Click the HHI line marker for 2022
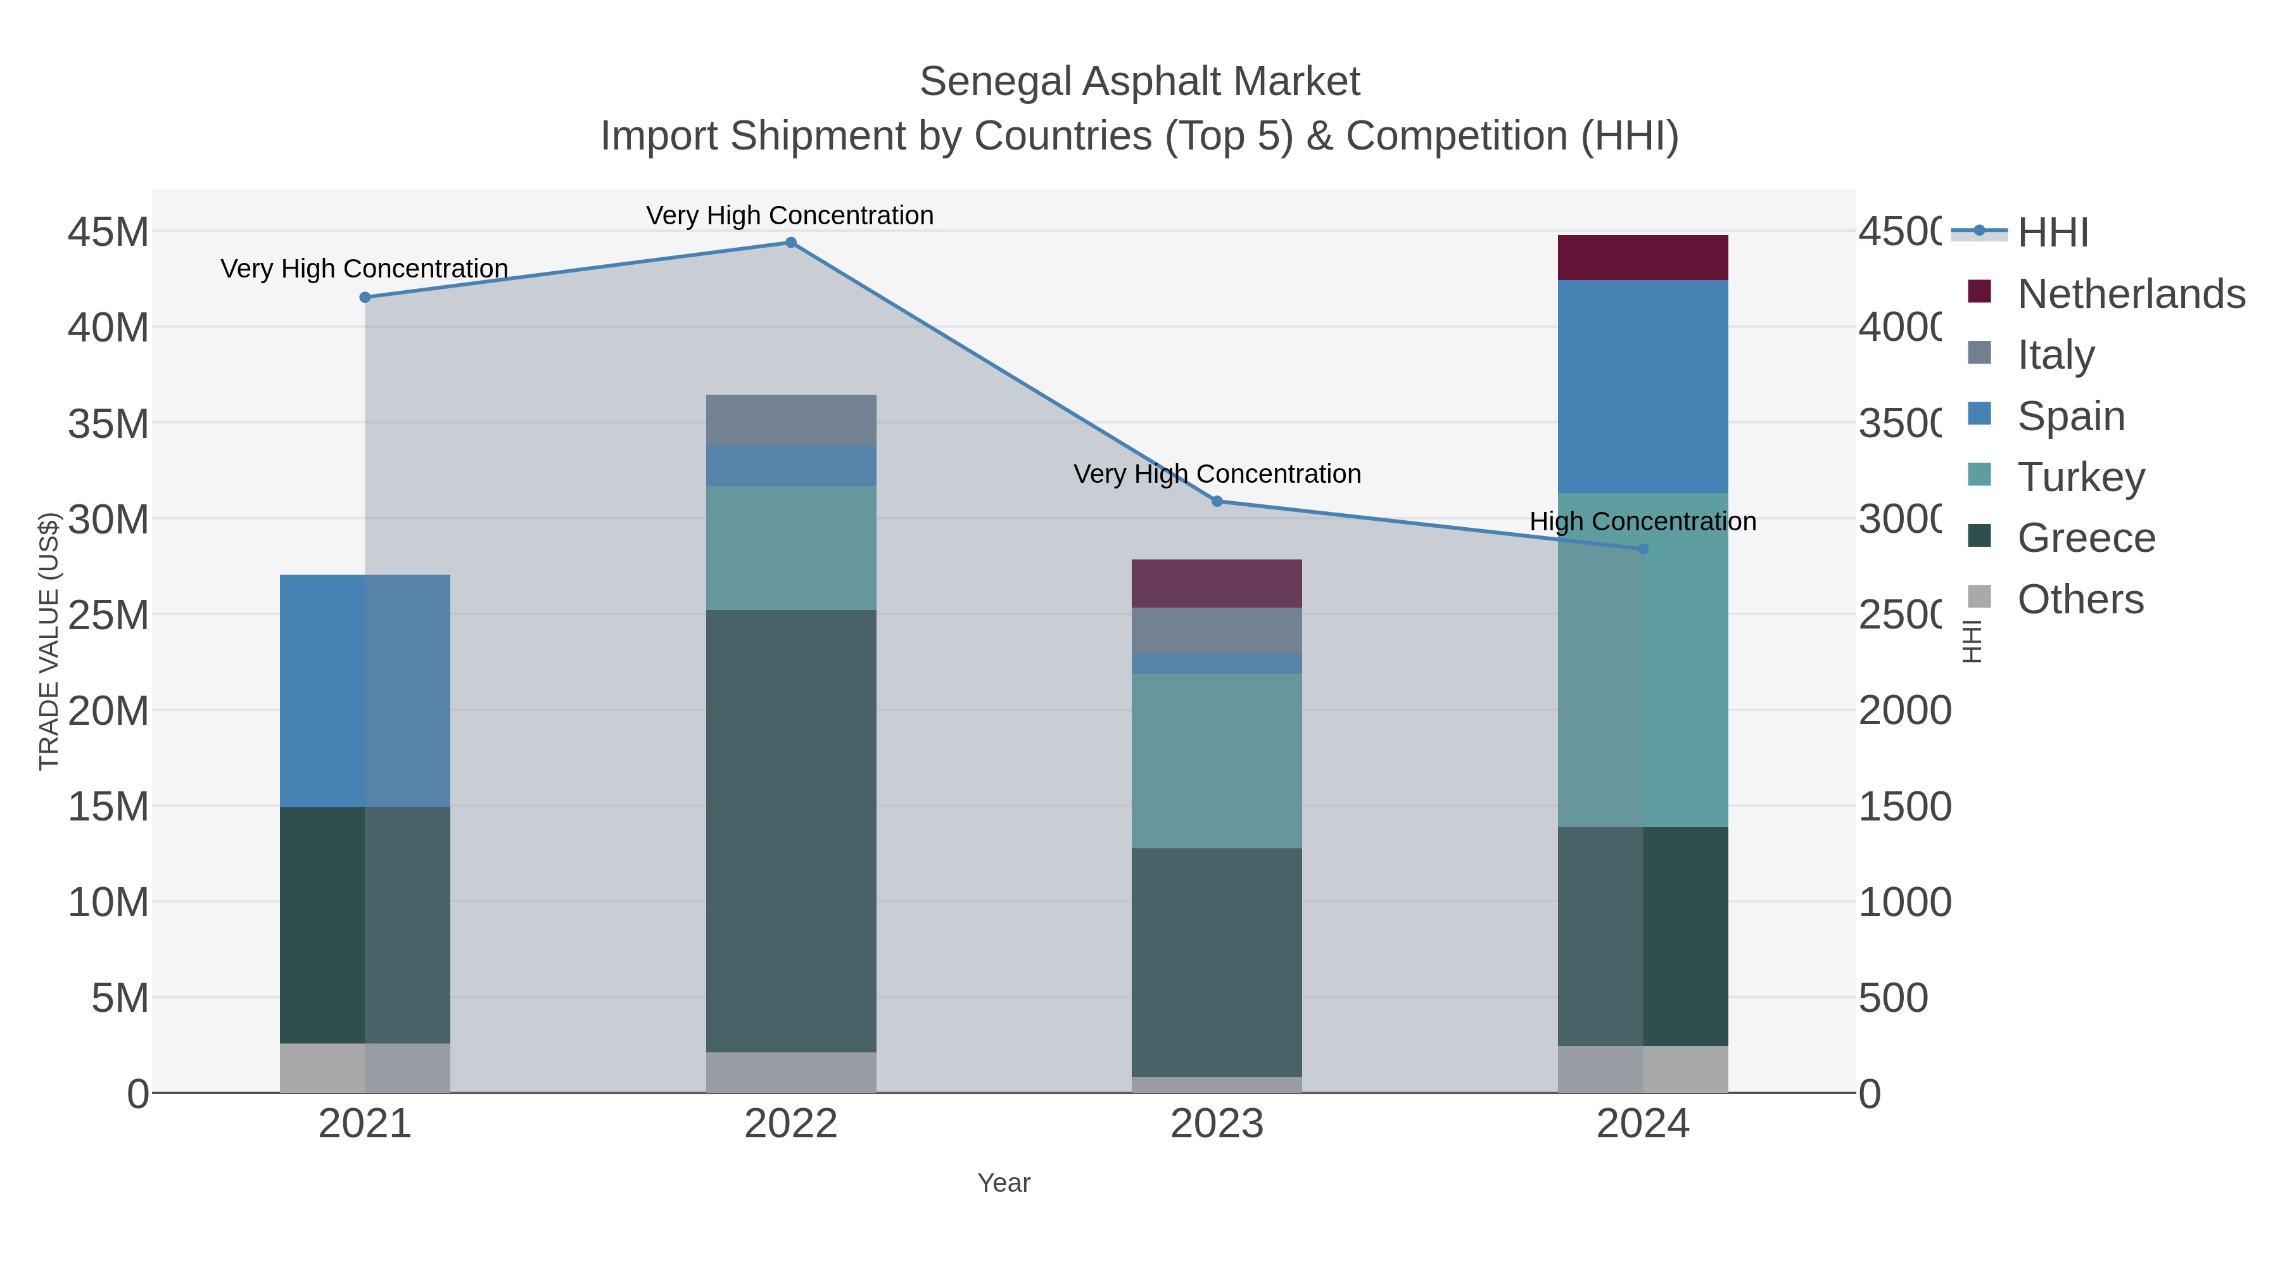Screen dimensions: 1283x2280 [x=790, y=243]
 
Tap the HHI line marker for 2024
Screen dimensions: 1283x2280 [x=1643, y=549]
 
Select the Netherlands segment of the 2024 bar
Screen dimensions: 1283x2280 [x=1643, y=258]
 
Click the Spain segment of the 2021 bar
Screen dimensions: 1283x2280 [x=365, y=691]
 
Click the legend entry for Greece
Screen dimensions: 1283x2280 [x=2086, y=539]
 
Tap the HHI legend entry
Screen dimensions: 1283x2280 [x=2053, y=233]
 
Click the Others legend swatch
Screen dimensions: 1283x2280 [x=1979, y=597]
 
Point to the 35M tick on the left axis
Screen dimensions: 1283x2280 [x=108, y=424]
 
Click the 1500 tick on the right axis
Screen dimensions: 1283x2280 [x=1904, y=807]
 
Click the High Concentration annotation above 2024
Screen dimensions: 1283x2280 [x=1643, y=521]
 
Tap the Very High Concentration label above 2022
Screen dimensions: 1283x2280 [x=790, y=215]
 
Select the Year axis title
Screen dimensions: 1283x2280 [x=1004, y=1183]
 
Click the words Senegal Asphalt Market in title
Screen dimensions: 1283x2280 [x=1139, y=82]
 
